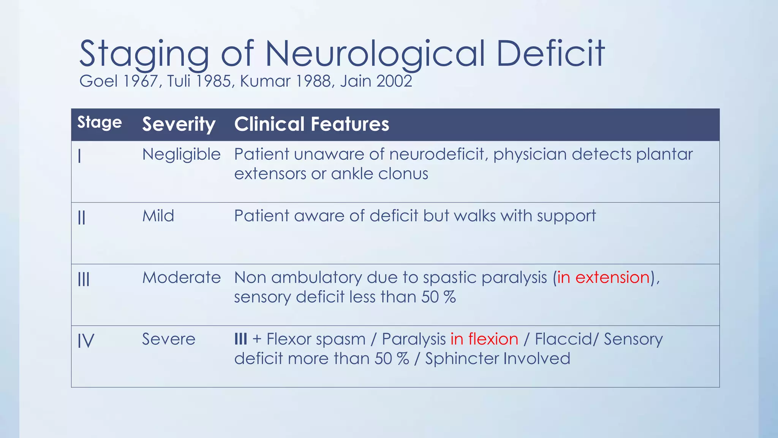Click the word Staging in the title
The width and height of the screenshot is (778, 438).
(144, 54)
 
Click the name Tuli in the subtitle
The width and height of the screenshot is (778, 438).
(179, 81)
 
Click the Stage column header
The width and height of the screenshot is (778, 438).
(100, 123)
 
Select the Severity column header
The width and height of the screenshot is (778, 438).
(179, 124)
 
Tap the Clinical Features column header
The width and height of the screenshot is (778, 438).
(312, 124)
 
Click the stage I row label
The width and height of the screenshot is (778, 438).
(79, 156)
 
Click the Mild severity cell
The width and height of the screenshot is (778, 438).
(158, 216)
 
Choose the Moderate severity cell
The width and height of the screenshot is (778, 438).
(181, 278)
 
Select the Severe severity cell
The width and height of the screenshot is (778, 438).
(169, 339)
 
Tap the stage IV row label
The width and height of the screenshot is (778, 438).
(86, 340)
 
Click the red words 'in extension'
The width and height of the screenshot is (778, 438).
(603, 278)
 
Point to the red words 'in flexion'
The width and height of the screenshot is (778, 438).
(484, 339)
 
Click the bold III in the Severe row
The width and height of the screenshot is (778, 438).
(240, 339)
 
